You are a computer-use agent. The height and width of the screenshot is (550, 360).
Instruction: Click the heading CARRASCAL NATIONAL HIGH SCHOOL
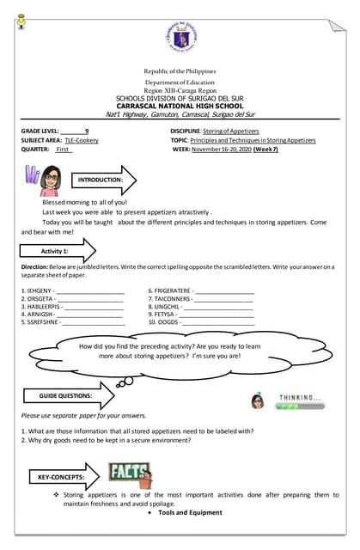(180, 106)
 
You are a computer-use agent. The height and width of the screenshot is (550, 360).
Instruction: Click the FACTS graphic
(130, 474)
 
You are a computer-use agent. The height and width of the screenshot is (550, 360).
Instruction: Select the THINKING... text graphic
(300, 398)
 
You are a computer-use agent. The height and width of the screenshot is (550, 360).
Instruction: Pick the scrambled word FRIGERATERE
(172, 291)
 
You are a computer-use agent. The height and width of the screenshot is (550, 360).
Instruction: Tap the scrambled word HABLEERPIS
(40, 307)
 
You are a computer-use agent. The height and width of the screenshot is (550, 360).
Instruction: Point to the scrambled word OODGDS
(165, 322)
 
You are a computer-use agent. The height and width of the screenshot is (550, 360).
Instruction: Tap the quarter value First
(63, 149)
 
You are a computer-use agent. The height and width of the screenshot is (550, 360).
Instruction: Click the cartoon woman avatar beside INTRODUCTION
(46, 180)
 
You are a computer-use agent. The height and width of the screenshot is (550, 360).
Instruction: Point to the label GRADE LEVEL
(41, 130)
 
